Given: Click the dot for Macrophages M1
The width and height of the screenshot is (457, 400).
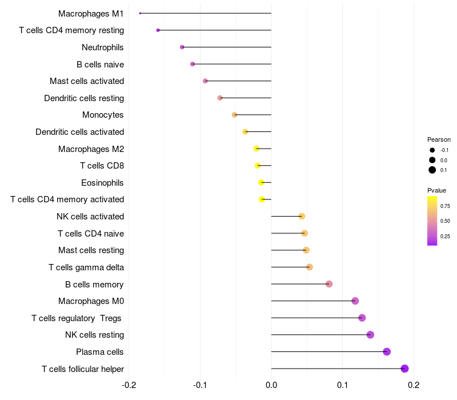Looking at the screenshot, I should tap(140, 13).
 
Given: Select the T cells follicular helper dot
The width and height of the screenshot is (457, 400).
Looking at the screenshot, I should tap(404, 369).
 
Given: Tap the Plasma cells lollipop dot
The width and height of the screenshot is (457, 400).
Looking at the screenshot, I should tap(387, 351).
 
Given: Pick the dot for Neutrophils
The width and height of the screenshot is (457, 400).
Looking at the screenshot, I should tap(182, 47).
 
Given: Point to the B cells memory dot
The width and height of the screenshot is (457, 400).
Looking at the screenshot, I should tap(329, 284).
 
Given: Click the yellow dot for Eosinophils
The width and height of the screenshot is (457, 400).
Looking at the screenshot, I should tap(261, 182).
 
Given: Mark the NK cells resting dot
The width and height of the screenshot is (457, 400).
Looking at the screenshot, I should tap(370, 335).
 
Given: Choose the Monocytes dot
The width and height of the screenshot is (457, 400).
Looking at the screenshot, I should tap(234, 115).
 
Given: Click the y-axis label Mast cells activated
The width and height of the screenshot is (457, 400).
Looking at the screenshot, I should tap(87, 81).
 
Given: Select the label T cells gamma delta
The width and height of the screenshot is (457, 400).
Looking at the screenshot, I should tap(86, 267).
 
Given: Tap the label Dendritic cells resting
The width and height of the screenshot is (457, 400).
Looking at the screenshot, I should tap(84, 98).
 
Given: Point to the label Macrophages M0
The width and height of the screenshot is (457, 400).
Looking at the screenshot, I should tap(91, 301).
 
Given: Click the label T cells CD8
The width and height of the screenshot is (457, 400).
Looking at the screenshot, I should tap(102, 166).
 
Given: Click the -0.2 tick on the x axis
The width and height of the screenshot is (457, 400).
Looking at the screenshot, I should tap(130, 385).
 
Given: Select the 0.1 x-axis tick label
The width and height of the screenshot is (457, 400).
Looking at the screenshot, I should tap(342, 385).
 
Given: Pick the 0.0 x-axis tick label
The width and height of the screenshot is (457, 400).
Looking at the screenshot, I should tap(271, 385).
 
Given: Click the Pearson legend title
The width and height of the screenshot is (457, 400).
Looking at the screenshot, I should tap(439, 139).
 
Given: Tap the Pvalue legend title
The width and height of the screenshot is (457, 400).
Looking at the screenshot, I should tap(436, 190).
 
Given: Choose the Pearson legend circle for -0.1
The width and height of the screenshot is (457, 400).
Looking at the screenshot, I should tap(432, 150).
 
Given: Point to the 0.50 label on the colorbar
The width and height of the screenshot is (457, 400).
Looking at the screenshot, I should tap(445, 221).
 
